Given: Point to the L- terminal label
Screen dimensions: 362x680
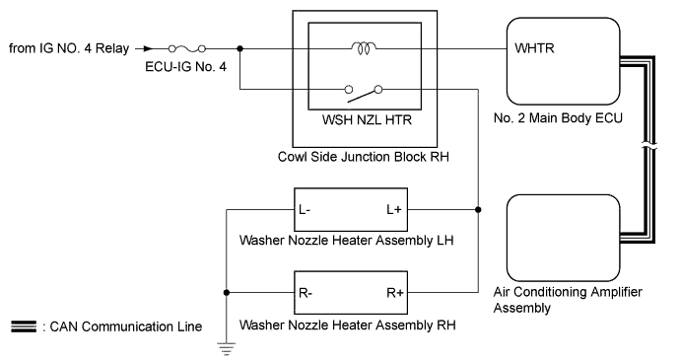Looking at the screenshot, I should (307, 210).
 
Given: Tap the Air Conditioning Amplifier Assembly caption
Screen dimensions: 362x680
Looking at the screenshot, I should (560, 300).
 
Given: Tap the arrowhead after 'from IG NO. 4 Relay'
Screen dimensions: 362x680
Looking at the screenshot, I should (148, 46).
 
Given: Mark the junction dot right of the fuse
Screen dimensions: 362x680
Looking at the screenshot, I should (241, 46).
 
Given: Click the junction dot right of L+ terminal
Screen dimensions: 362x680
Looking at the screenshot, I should (478, 210).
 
